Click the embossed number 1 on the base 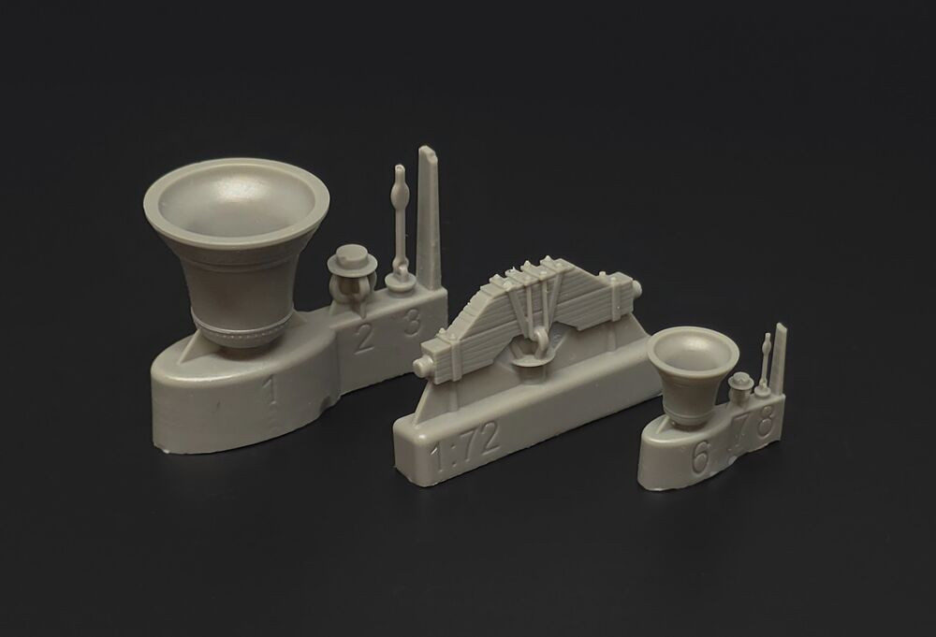[271, 393]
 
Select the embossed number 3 [412, 322]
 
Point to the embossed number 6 [699, 457]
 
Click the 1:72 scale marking [466, 442]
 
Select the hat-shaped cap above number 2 [352, 262]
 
